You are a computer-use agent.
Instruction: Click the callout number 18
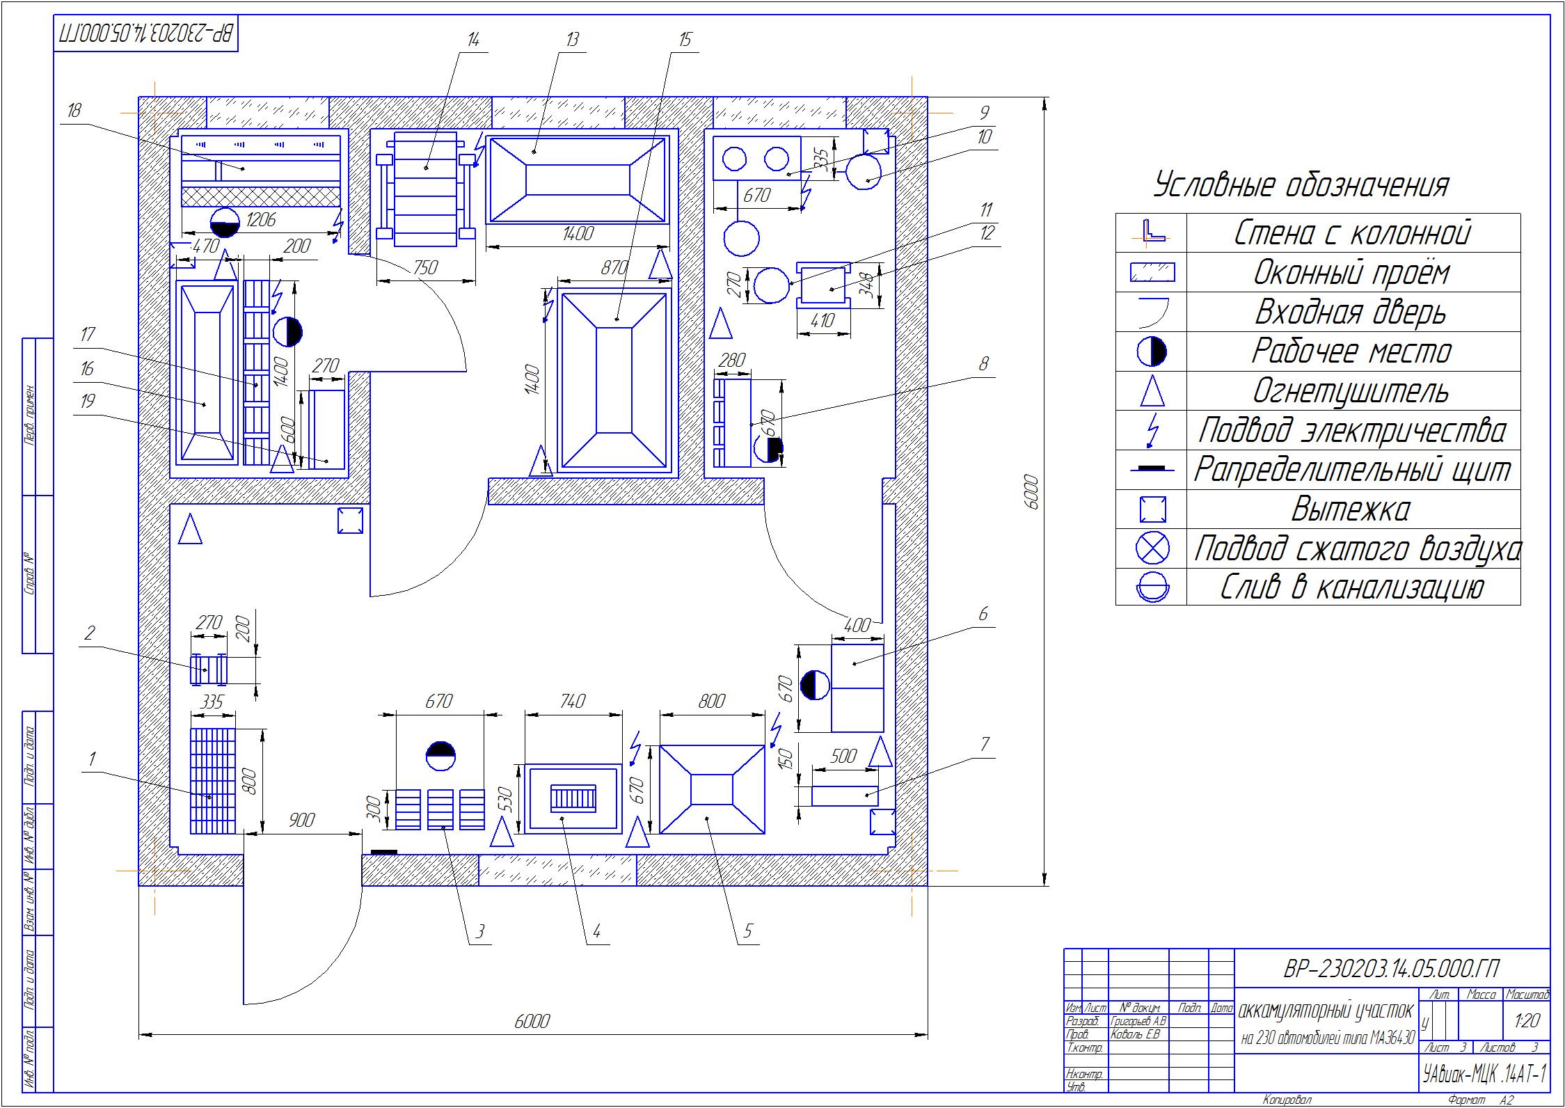click(74, 111)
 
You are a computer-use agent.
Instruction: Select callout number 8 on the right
click(983, 364)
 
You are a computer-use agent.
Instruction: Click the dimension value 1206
click(261, 220)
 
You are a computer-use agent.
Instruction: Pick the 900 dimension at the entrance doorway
click(301, 820)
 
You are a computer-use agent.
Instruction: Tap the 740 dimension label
click(572, 701)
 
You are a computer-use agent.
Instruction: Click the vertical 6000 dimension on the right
click(1031, 492)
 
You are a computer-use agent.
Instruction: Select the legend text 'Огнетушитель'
click(1351, 391)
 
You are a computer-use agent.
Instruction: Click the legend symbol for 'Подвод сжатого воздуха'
click(1152, 548)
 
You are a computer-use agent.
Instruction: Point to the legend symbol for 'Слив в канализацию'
click(1152, 587)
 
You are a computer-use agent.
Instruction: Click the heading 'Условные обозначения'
click(1302, 186)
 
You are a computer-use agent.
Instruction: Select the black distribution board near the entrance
click(383, 852)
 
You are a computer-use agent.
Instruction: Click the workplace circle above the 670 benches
click(440, 757)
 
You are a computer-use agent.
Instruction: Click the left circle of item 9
click(734, 159)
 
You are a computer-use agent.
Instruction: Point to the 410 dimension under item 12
click(824, 321)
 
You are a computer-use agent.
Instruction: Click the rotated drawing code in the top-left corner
click(146, 33)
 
